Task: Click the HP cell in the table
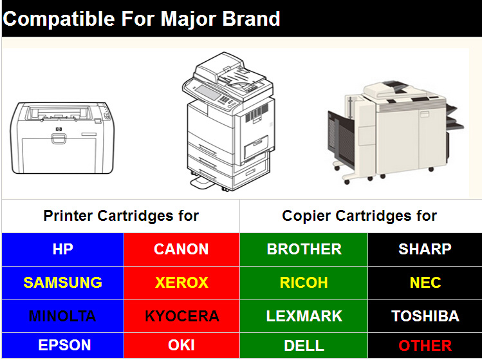click(x=62, y=249)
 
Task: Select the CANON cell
click(x=181, y=249)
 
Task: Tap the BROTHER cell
click(x=304, y=249)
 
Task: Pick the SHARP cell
click(x=425, y=249)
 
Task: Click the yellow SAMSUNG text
click(x=62, y=283)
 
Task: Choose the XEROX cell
click(x=181, y=283)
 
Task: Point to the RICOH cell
click(x=304, y=283)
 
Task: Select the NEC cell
click(x=425, y=283)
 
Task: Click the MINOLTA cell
click(x=62, y=316)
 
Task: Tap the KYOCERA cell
click(x=181, y=316)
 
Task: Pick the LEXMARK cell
click(x=304, y=316)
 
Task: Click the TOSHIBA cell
click(x=425, y=316)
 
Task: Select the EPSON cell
click(x=62, y=345)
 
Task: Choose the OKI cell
click(x=181, y=345)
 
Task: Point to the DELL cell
click(x=304, y=345)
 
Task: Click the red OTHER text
click(x=425, y=345)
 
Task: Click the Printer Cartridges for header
click(x=121, y=216)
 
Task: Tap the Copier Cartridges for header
click(x=359, y=216)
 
